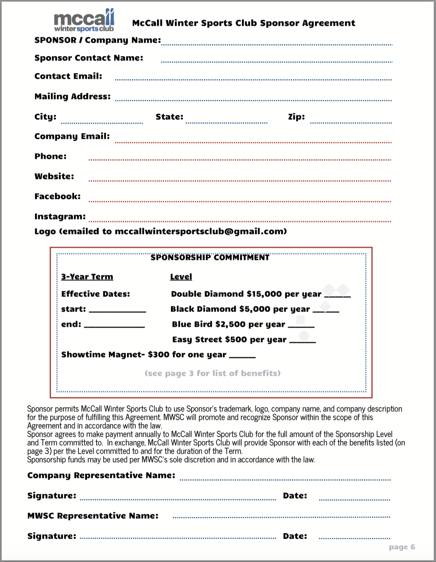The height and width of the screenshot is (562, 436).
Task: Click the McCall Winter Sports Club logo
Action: click(x=84, y=21)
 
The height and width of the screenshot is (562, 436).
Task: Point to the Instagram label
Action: click(x=60, y=217)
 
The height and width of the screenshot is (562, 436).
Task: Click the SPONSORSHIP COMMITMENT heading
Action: click(x=210, y=258)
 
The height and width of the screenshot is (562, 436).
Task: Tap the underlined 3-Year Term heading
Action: click(x=87, y=277)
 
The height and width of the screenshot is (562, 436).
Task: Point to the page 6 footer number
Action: click(x=402, y=547)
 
